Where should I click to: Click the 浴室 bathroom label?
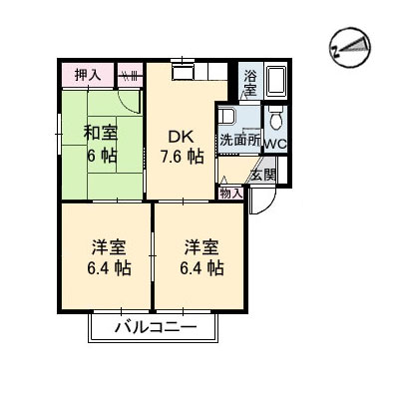pyautogui.click(x=249, y=83)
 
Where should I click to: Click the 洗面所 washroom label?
pyautogui.click(x=239, y=142)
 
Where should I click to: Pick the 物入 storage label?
pyautogui.click(x=231, y=192)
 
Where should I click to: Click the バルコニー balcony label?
pyautogui.click(x=154, y=327)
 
